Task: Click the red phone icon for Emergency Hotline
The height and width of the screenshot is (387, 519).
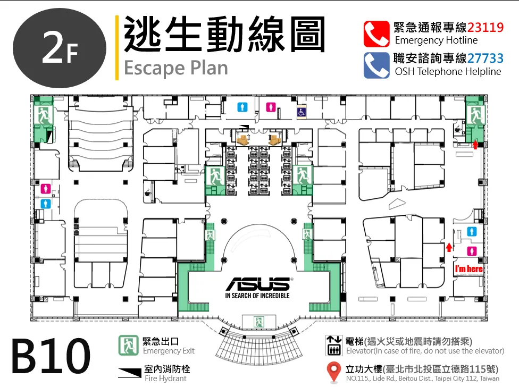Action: (x=376, y=34)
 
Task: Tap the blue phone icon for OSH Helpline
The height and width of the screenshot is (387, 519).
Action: (x=376, y=65)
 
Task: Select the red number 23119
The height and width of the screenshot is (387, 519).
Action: (x=485, y=27)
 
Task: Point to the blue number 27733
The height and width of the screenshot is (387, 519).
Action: (x=485, y=58)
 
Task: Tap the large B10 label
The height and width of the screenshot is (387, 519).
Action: (x=51, y=356)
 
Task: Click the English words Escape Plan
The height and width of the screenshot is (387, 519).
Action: (x=176, y=68)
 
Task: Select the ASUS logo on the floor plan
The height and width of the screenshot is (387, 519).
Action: (x=258, y=284)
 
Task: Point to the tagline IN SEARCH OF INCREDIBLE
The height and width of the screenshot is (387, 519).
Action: (x=257, y=296)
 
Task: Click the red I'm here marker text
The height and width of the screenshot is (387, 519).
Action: (x=468, y=269)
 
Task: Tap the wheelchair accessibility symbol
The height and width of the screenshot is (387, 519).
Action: (x=301, y=112)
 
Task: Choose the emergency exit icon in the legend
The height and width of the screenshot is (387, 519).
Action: (x=129, y=346)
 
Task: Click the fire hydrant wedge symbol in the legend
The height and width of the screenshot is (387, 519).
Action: (x=130, y=373)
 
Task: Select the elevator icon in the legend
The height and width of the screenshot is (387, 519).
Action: (x=334, y=346)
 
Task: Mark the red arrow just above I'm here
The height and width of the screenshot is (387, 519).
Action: (x=449, y=247)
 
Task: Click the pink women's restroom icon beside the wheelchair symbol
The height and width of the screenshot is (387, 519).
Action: (x=271, y=107)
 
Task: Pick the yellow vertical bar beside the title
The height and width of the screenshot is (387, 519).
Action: (x=117, y=48)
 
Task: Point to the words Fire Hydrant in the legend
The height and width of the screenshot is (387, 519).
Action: (x=165, y=378)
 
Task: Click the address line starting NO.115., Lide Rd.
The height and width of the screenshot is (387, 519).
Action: (x=423, y=378)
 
